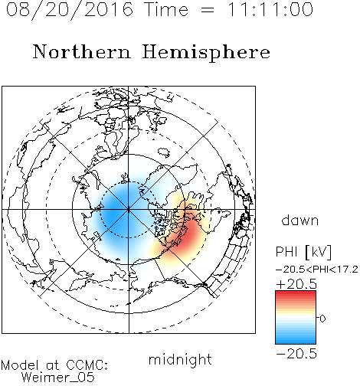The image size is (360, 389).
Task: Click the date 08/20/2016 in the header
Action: pos(70,10)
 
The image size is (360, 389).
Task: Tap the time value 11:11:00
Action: pos(270,9)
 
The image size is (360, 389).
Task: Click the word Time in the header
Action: pos(166,9)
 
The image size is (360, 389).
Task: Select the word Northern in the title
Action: pos(82,52)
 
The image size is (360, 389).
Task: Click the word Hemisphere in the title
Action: pos(206,53)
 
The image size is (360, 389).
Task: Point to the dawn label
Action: pos(300,221)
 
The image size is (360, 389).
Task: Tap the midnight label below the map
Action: pos(180,360)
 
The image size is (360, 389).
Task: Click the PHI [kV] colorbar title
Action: pos(303,252)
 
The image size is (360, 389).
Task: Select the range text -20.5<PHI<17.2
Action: pos(317,270)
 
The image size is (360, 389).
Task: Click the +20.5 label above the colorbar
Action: pos(296,284)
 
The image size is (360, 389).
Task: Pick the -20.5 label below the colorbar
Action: pos(296,354)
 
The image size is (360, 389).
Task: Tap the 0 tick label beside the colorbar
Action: pos(322,319)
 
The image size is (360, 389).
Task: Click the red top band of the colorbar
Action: pos(296,294)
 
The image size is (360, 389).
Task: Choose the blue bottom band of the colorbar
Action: pos(296,340)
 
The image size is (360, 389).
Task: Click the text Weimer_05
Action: pos(58,378)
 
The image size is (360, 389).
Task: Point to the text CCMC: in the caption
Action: pos(87,365)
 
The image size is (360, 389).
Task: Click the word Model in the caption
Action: pos(20,365)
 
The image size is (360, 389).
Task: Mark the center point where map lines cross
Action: pos(129,210)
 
